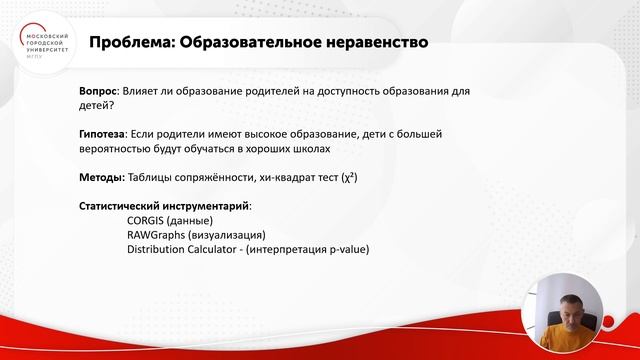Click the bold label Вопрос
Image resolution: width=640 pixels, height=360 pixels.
pos(97,91)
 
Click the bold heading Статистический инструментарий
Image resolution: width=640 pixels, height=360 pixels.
pos(164,206)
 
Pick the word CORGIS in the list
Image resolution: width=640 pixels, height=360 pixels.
pos(147,220)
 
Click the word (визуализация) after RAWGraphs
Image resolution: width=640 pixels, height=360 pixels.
pos(223,235)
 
